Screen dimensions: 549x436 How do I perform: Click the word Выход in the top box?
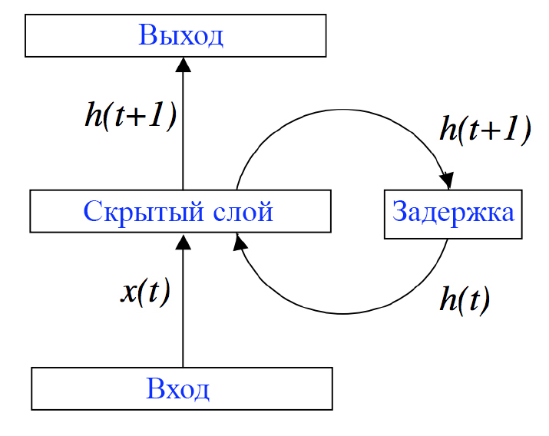click(x=181, y=35)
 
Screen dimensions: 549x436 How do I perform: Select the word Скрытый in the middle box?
click(x=144, y=212)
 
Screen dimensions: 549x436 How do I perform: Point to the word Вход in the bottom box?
click(x=177, y=389)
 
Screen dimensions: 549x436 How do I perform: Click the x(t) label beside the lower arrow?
click(x=145, y=292)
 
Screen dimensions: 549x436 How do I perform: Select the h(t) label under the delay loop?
click(x=465, y=300)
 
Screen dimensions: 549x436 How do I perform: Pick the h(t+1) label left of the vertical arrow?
click(x=131, y=116)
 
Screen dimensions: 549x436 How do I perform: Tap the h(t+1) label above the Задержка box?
click(x=485, y=130)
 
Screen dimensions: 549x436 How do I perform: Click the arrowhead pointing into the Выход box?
click(x=183, y=64)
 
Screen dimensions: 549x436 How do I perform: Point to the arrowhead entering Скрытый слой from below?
click(x=183, y=242)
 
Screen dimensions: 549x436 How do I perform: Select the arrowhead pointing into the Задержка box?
click(x=447, y=181)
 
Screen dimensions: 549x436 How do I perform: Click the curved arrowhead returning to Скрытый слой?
click(x=240, y=242)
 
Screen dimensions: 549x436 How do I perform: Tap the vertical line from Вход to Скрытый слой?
click(x=183, y=309)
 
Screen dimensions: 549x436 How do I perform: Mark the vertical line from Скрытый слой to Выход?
click(x=183, y=130)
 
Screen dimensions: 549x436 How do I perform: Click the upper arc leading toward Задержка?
click(x=342, y=110)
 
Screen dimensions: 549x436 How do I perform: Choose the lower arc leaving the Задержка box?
click(x=342, y=313)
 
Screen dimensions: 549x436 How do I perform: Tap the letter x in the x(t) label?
click(x=129, y=294)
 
